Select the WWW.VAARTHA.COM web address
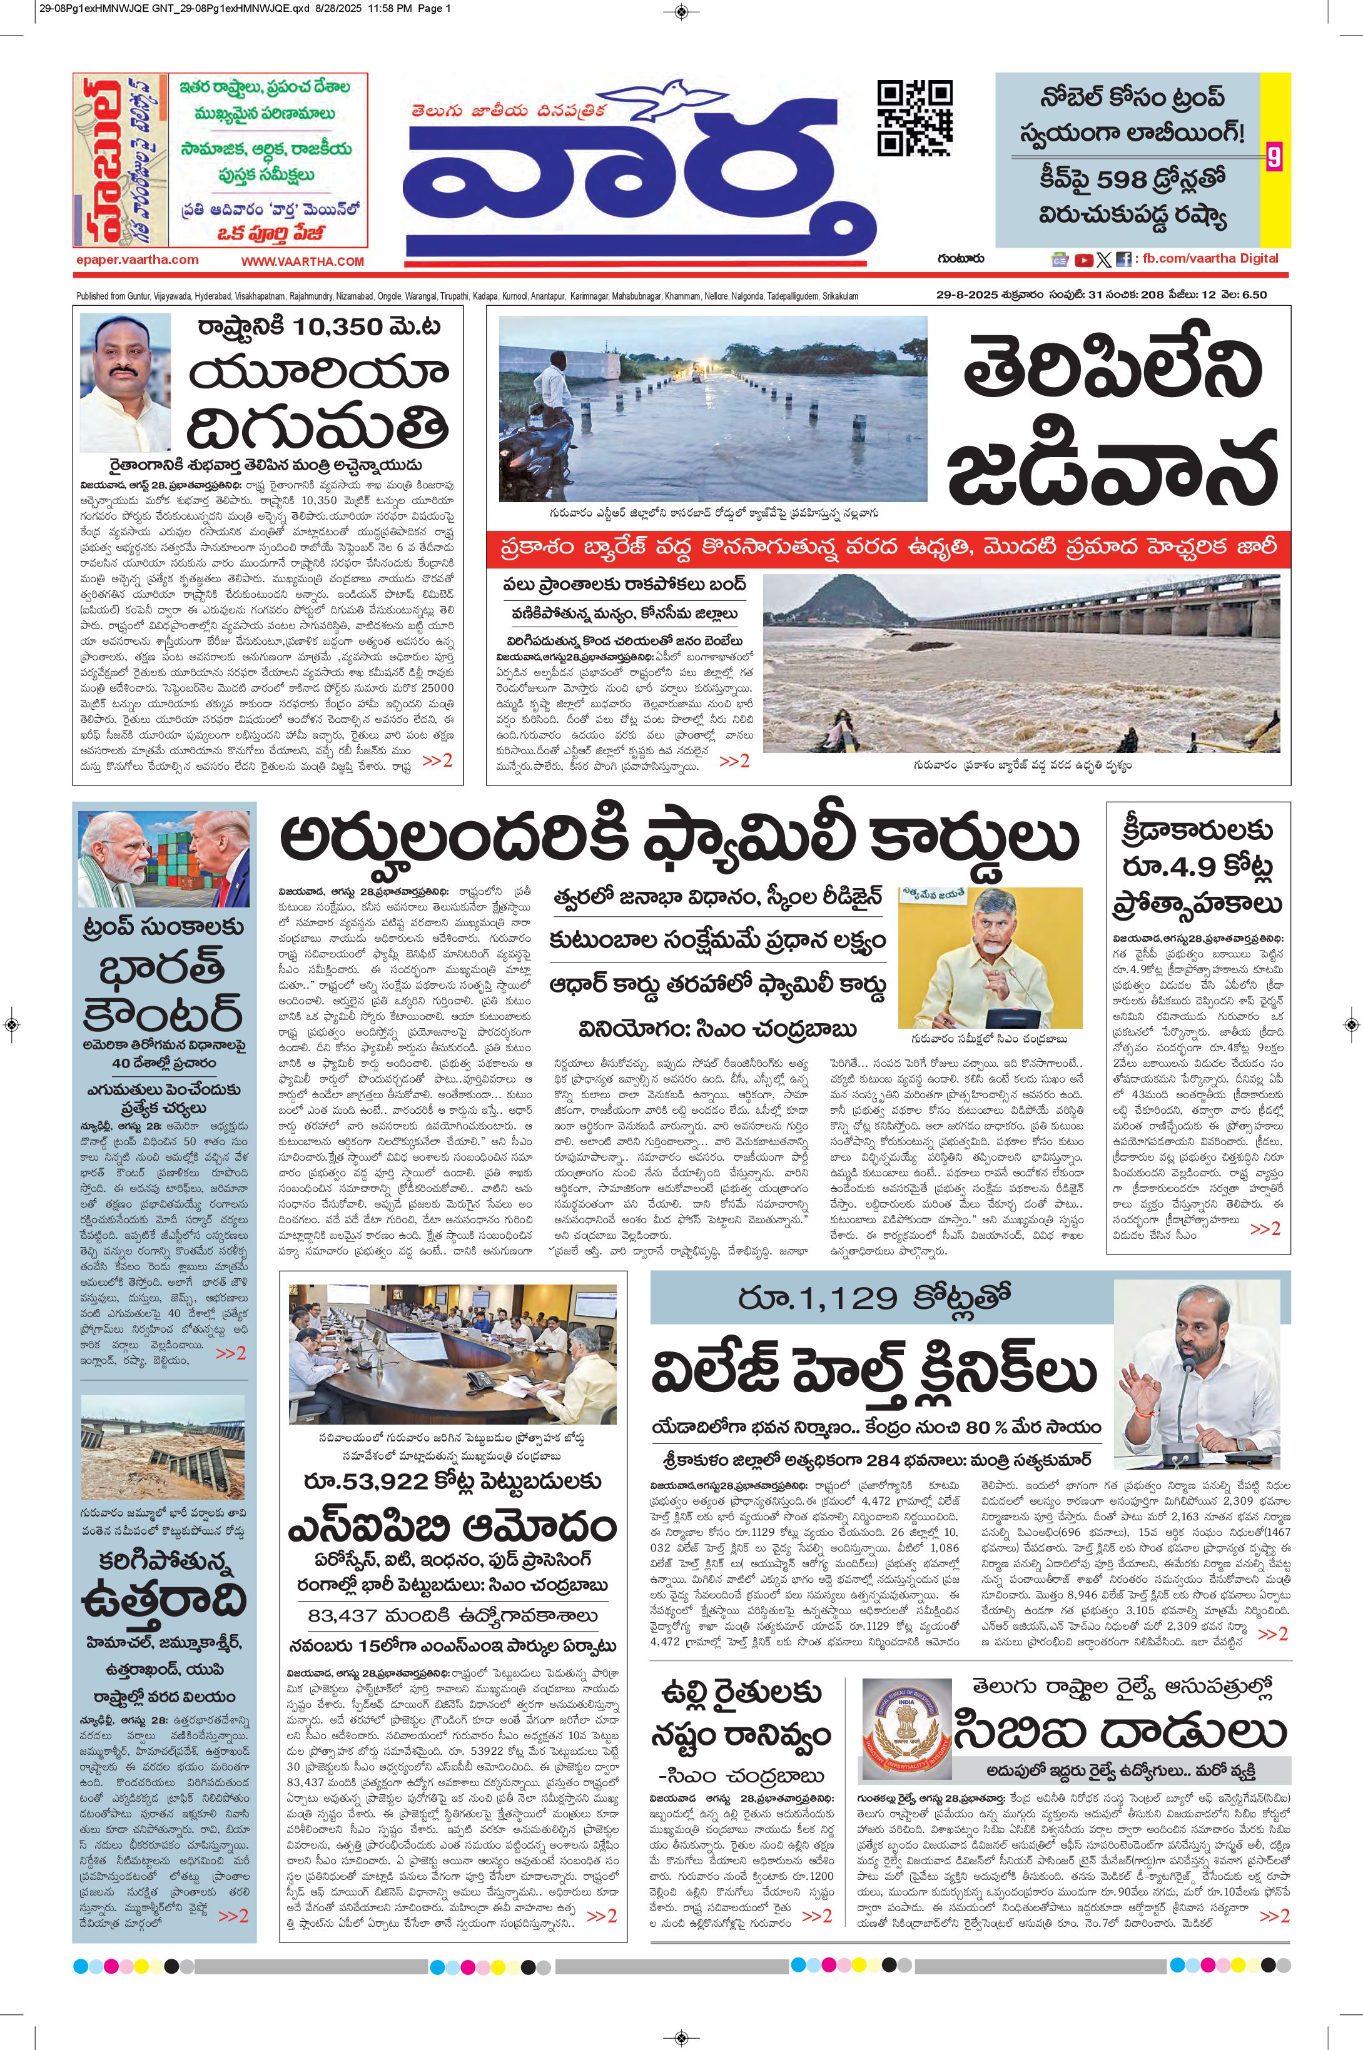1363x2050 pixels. pos(303,261)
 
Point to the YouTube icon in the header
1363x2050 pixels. pos(1084,259)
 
